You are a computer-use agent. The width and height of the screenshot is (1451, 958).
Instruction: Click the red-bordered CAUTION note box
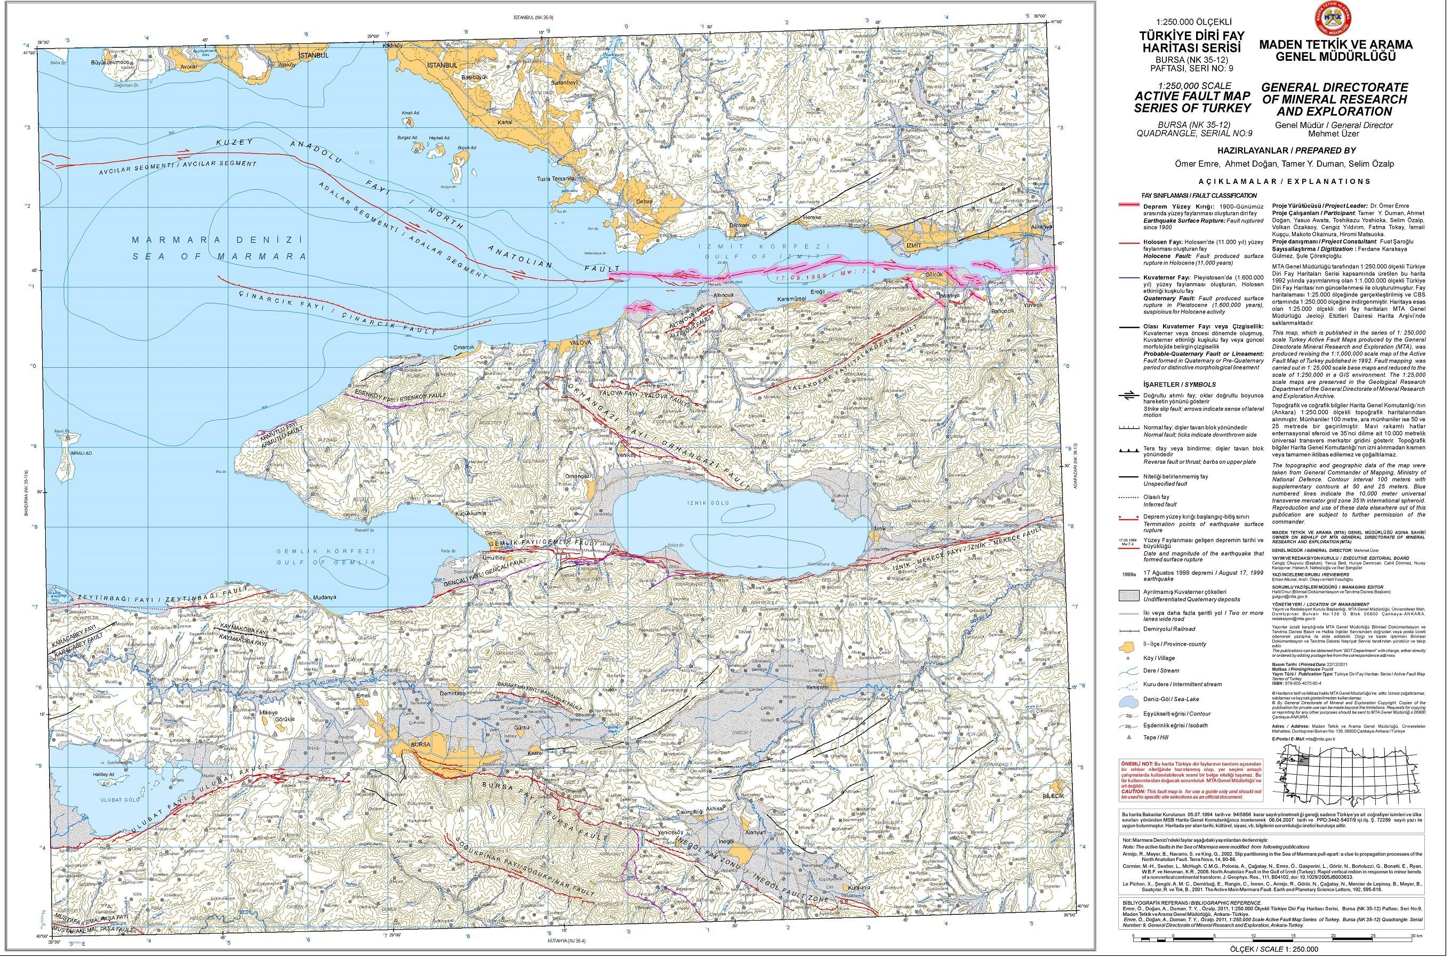[x=1192, y=779]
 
